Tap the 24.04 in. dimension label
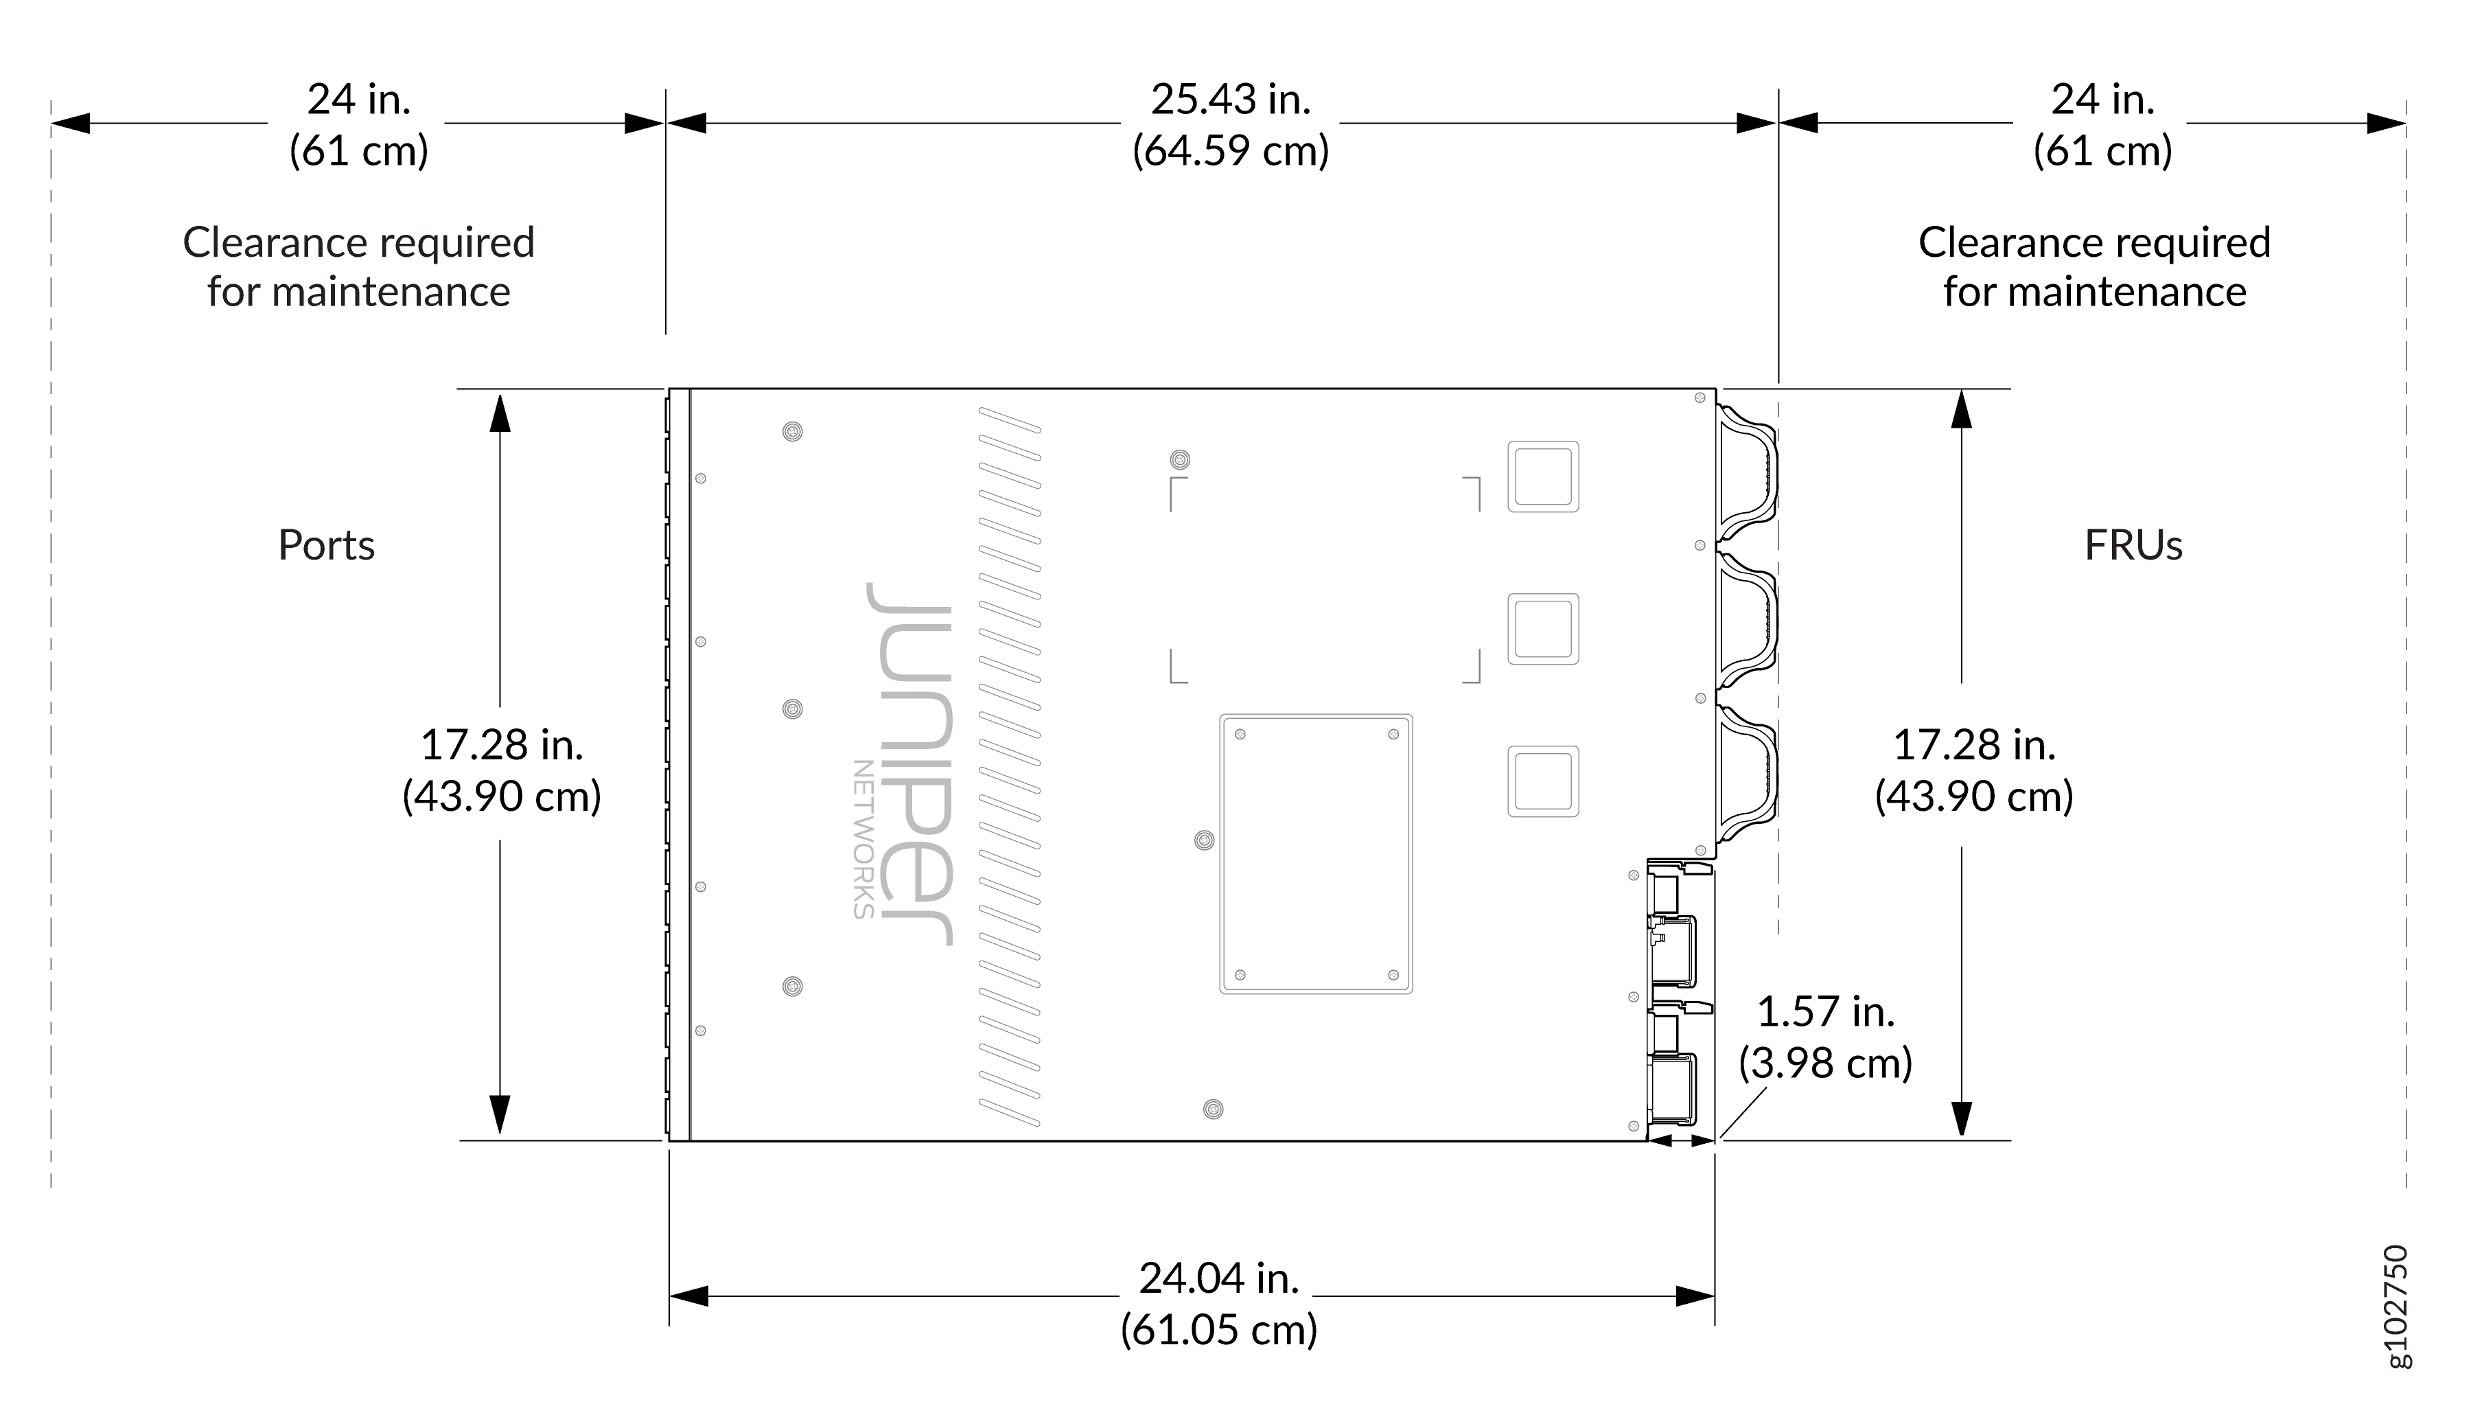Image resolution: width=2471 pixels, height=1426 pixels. (1219, 1278)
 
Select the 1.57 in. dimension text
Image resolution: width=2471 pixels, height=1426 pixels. (1826, 1012)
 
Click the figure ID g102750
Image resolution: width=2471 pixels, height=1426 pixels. (2395, 1307)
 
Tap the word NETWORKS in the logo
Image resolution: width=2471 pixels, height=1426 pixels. (863, 840)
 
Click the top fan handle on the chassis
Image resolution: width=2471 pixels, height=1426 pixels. (1748, 473)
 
